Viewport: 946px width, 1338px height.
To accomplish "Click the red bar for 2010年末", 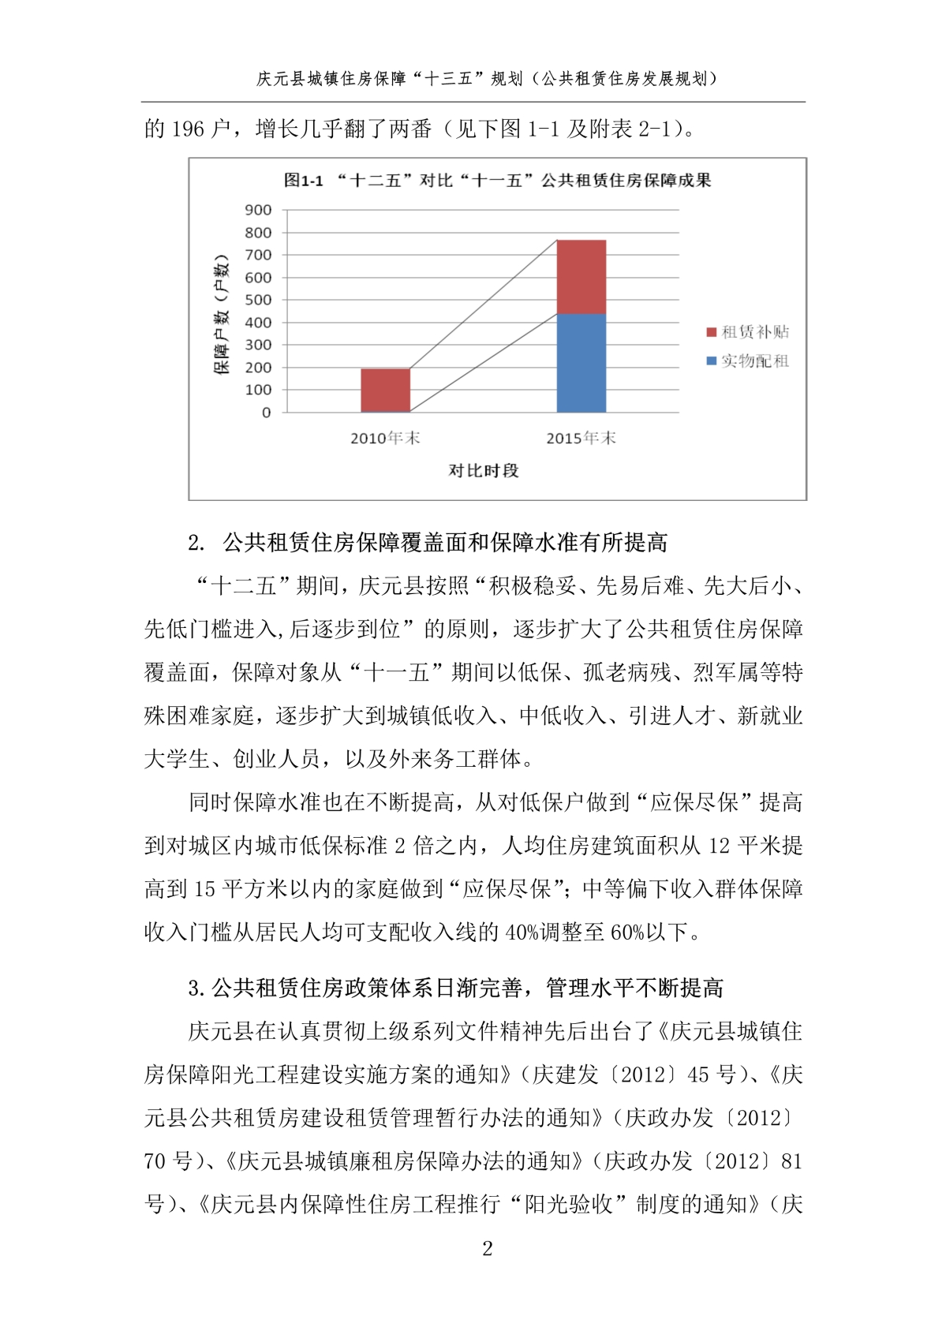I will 385,390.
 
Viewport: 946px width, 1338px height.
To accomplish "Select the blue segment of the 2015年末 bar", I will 581,363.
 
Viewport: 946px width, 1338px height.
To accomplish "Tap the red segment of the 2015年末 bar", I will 581,277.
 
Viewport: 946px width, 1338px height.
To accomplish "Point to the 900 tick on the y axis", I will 258,210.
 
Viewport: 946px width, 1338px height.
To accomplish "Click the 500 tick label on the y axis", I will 258,300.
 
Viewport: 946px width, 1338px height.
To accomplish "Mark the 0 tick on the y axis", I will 266,413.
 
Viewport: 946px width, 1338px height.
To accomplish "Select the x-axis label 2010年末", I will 385,438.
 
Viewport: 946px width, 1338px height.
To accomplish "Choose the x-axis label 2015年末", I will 581,438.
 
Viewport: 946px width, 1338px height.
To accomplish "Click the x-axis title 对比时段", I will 483,471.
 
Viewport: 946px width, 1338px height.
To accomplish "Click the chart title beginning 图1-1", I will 497,181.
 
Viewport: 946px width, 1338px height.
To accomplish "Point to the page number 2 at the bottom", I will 487,1248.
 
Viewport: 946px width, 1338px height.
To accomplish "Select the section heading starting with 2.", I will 428,543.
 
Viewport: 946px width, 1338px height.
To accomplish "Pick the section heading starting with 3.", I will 455,988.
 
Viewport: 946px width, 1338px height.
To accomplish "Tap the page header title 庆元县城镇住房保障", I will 487,78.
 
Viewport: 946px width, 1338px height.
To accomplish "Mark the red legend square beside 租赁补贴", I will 711,332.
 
